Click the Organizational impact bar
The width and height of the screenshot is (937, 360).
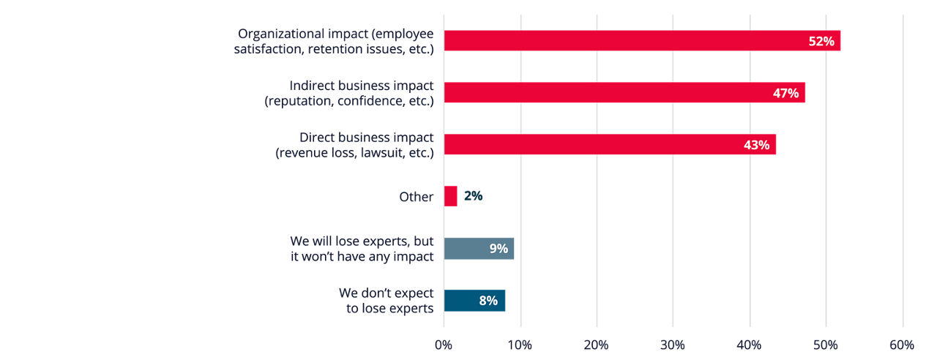click(622, 41)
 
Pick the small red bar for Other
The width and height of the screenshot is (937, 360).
click(450, 196)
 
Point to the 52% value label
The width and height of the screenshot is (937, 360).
click(821, 41)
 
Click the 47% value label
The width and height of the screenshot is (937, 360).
click(785, 93)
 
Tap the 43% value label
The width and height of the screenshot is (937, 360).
click(756, 145)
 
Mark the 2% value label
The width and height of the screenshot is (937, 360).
click(473, 196)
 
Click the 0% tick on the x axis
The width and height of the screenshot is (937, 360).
click(444, 345)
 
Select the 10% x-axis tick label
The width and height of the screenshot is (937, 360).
click(520, 345)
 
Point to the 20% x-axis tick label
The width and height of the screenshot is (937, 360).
click(597, 345)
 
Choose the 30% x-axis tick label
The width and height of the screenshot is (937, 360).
click(673, 345)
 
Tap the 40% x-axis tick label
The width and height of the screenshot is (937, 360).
click(750, 345)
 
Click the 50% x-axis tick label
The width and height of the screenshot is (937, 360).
click(826, 345)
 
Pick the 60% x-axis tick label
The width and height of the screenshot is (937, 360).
click(902, 345)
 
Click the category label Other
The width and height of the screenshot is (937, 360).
click(416, 197)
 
